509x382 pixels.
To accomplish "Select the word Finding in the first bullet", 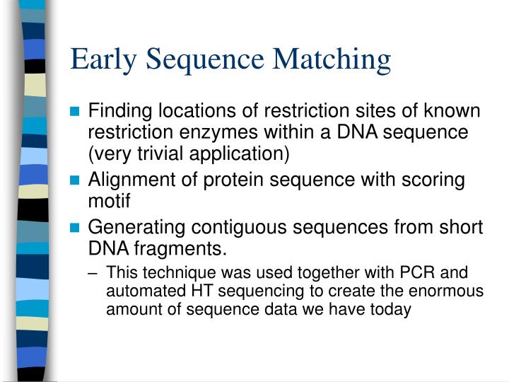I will pos(117,112).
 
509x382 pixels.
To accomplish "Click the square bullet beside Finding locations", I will pos(76,112).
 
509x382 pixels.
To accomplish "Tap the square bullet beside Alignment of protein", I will pos(76,181).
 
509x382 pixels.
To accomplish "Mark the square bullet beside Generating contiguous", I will pos(76,228).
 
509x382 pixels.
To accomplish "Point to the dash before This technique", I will pos(95,274).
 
